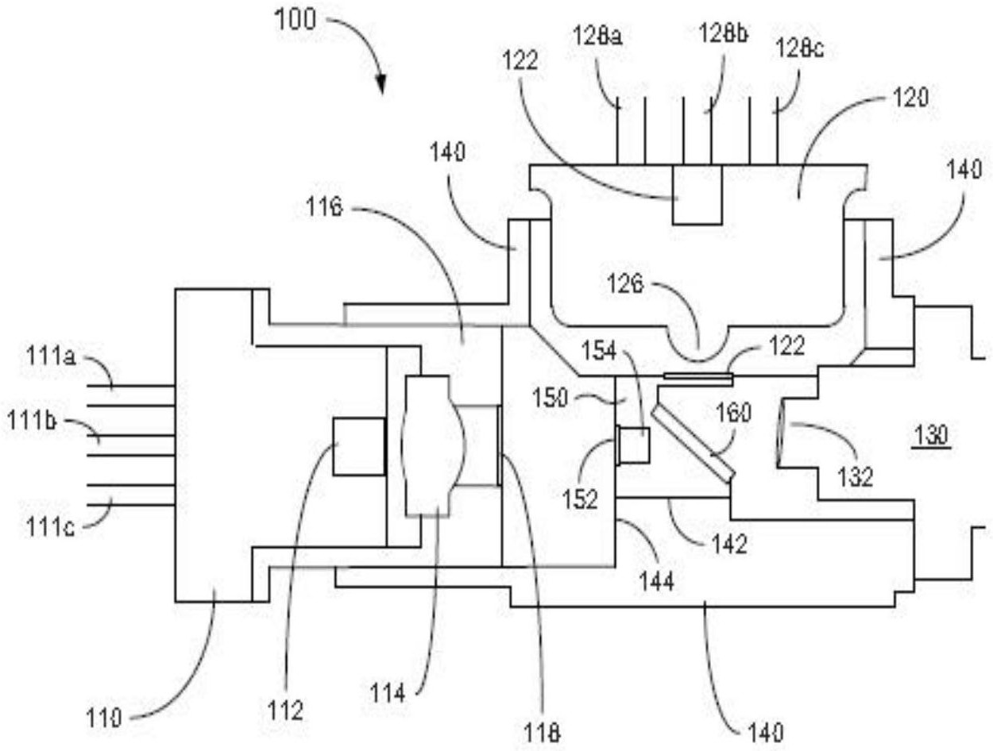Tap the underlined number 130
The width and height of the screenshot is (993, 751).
[929, 436]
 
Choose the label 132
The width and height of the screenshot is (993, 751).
[854, 476]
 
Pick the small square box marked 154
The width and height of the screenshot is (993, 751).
[636, 445]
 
